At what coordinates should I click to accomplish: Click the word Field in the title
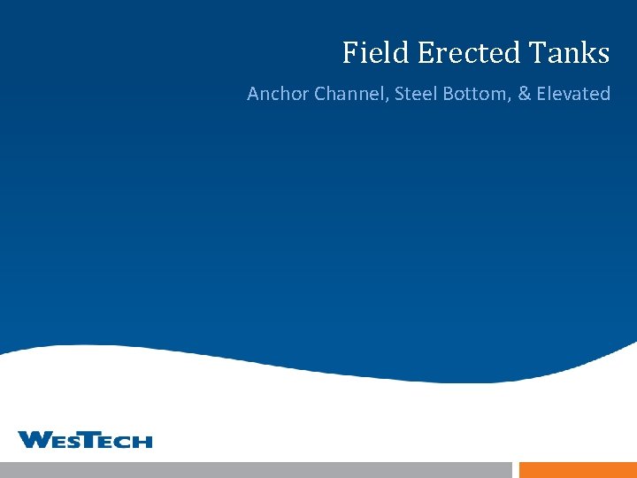coord(376,53)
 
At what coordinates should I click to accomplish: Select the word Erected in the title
coord(471,53)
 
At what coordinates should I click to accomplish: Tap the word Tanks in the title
coord(571,53)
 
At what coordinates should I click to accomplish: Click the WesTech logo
coord(85,439)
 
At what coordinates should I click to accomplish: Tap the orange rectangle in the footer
coord(578,470)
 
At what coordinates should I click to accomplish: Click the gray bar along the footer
coord(256,470)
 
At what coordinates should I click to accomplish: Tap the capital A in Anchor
coord(254,93)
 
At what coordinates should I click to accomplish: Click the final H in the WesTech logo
coord(143,441)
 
